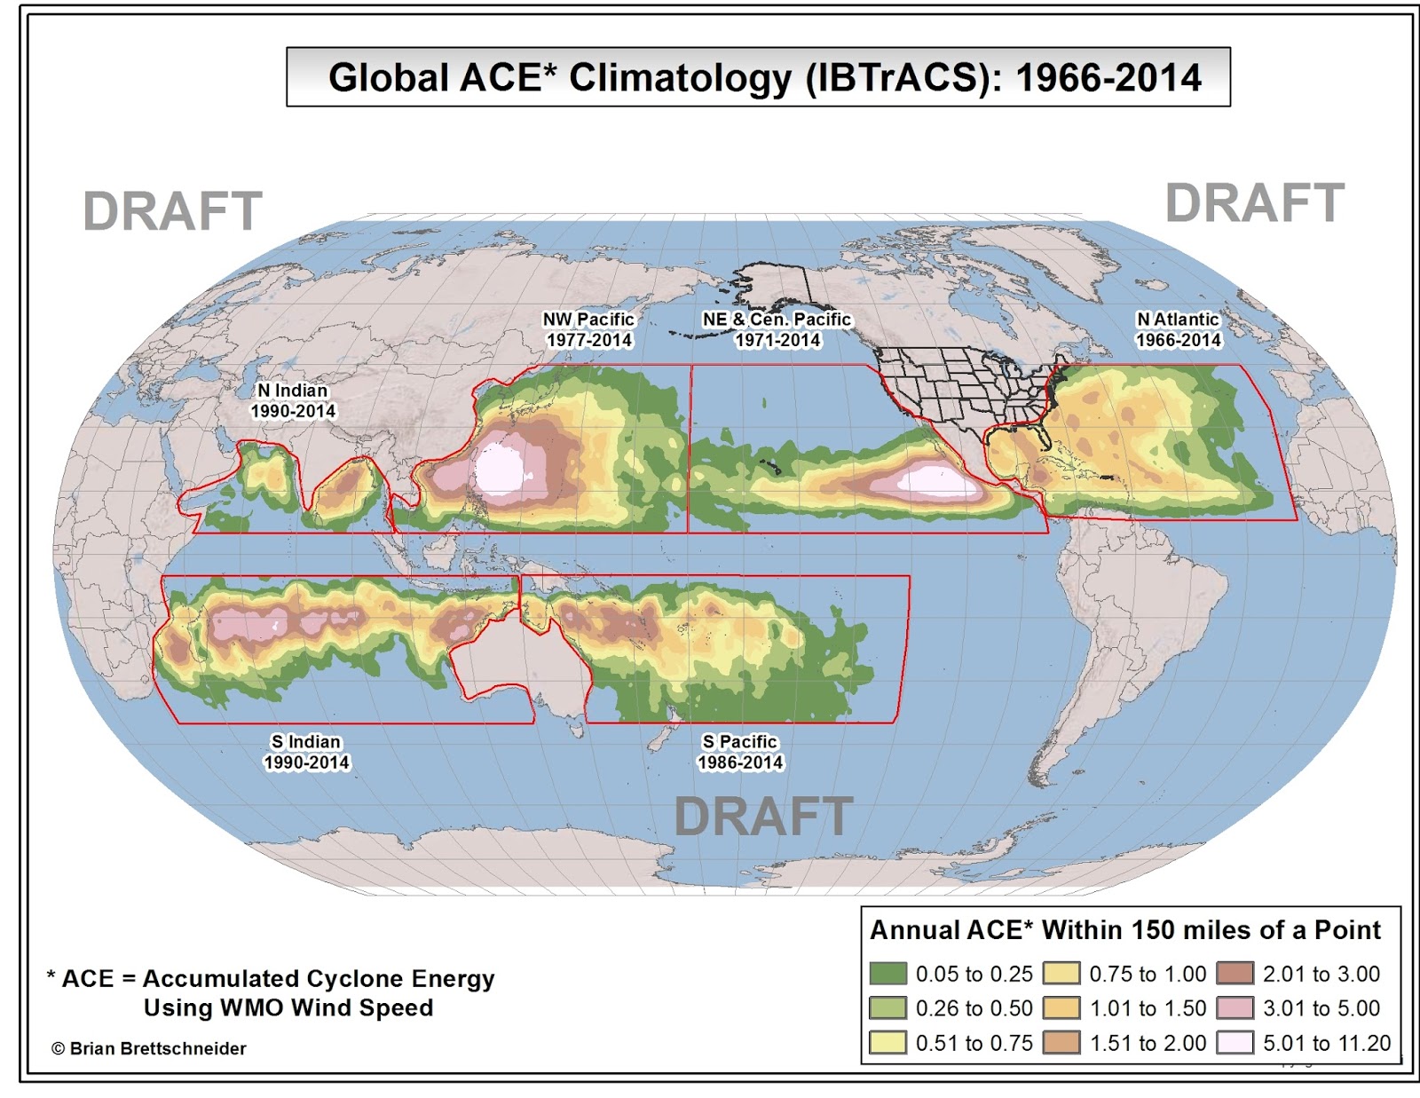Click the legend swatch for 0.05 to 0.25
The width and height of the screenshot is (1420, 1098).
pos(887,974)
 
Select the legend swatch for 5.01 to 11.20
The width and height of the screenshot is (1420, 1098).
pos(1235,1042)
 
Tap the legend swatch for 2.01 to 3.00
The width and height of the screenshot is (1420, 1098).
pos(1235,974)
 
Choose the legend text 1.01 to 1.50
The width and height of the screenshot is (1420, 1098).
pos(1148,1008)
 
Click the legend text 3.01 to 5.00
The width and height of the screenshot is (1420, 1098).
pos(1321,1008)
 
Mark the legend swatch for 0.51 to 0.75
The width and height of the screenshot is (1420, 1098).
pos(887,1042)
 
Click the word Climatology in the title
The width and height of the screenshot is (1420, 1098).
pos(680,78)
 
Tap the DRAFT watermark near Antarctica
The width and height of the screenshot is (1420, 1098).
pos(763,817)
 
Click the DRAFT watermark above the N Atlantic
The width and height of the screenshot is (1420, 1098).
pos(1254,203)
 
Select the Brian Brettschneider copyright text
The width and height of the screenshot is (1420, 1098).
pos(149,1048)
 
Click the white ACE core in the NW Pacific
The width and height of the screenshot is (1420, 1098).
pos(501,470)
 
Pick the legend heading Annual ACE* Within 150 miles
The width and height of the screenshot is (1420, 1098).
pos(1124,930)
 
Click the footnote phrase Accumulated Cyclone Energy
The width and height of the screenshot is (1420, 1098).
pos(319,978)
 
